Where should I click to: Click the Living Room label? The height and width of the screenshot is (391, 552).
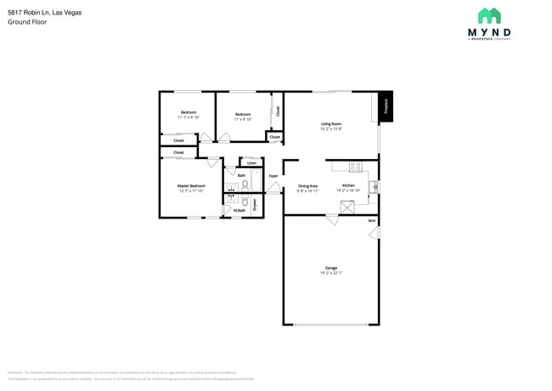(331, 124)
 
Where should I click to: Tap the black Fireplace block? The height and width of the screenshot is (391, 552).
(385, 106)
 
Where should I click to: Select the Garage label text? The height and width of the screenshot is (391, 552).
(331, 268)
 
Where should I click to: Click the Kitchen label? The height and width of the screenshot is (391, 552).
(348, 185)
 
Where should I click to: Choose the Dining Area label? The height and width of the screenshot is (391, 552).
(307, 185)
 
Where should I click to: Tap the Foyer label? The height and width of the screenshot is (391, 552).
(273, 176)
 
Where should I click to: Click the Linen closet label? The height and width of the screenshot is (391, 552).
(251, 162)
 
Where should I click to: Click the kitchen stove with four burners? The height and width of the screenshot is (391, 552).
(355, 167)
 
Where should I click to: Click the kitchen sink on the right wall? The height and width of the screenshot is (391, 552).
(373, 186)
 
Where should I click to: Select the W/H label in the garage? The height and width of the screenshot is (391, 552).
(371, 221)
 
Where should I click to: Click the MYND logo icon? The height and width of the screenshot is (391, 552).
(489, 16)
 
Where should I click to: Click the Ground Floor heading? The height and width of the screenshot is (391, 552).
(27, 22)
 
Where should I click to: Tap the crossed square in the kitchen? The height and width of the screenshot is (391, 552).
(346, 207)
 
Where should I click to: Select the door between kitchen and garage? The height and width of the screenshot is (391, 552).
(332, 218)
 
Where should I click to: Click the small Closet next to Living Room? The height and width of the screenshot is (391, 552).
(274, 136)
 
